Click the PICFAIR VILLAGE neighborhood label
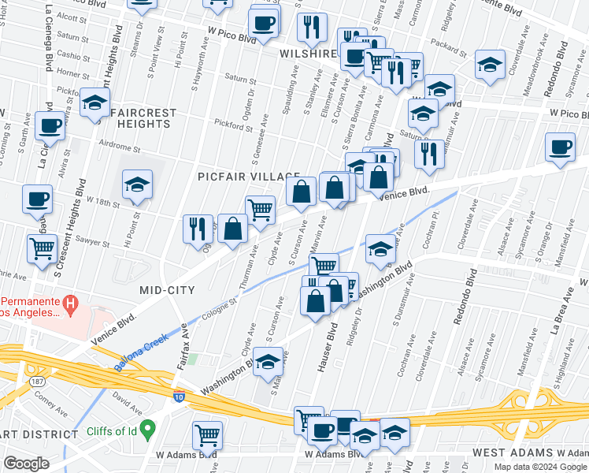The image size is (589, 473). point(249,176)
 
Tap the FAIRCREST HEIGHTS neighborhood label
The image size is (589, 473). point(144,118)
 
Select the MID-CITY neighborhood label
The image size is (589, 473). point(167,290)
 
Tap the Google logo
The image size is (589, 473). point(26,464)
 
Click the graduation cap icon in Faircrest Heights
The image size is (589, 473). point(94,103)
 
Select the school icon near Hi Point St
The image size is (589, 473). point(137,185)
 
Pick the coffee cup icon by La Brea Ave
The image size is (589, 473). point(560,147)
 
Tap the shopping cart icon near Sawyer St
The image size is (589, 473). point(41,249)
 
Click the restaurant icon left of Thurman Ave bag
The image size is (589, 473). point(197,228)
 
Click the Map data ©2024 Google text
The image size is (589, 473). point(539,466)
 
